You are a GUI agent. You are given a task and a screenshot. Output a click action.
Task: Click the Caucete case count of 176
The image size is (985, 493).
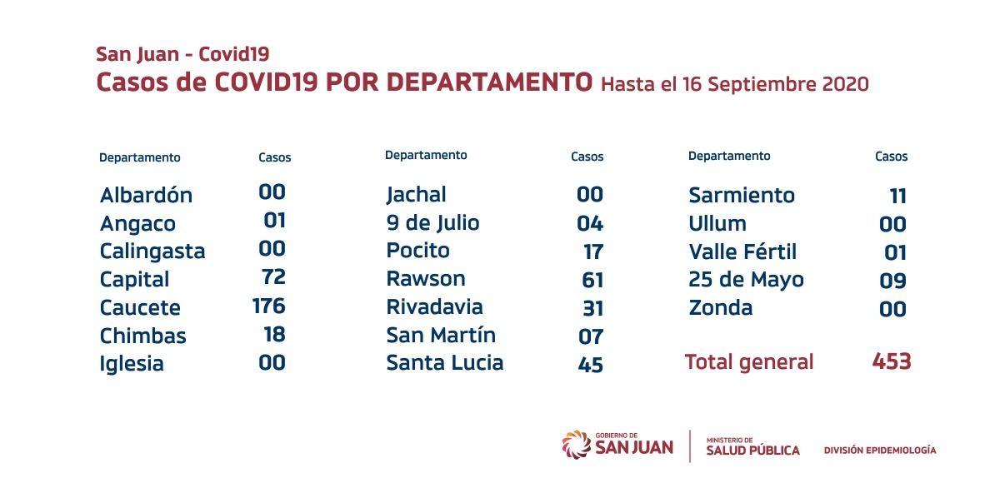268,306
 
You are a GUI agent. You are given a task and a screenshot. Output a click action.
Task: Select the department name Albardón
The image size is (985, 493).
146,196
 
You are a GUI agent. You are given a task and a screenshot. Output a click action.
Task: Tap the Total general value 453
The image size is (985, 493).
891,361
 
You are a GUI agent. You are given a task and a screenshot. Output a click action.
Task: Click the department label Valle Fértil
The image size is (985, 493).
742,251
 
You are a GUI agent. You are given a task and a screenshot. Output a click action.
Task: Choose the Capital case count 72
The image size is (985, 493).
272,278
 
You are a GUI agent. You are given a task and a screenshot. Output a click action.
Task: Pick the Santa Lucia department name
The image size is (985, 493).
444,363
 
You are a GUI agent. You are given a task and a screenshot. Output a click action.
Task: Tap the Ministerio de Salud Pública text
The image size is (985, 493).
752,446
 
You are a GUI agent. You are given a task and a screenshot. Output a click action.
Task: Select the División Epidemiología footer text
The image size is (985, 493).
879,451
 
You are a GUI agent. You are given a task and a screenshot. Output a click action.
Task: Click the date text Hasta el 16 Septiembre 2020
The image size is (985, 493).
734,84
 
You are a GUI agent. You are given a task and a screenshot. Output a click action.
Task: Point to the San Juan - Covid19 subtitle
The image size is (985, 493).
182,55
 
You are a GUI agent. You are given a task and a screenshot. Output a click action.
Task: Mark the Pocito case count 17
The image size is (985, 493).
593,251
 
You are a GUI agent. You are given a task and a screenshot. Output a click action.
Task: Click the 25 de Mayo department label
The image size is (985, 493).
746,280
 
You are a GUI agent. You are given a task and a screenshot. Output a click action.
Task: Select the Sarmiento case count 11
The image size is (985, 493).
897,196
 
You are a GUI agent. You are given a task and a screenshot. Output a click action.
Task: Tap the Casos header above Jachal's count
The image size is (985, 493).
587,157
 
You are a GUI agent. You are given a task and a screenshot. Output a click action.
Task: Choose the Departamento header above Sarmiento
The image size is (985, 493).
729,156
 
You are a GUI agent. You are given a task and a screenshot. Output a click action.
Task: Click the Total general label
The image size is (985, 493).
748,362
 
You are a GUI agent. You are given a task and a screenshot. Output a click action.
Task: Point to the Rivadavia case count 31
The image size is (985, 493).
593,307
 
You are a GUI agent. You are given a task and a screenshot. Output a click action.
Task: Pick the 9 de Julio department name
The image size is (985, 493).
432,223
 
